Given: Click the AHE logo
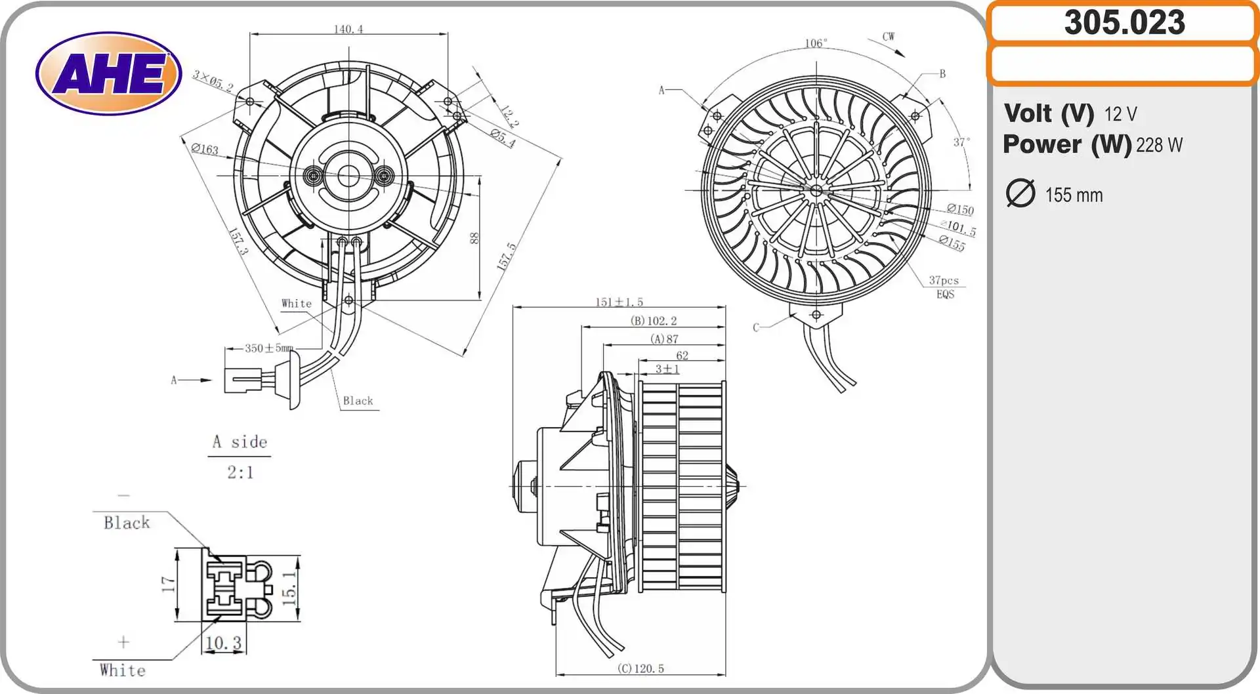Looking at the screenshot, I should (109, 73).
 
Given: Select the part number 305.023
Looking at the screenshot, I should (1124, 22).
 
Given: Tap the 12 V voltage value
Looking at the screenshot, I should (1120, 114).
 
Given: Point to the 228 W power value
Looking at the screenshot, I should (1159, 145).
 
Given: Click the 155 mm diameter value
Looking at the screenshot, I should (1074, 195).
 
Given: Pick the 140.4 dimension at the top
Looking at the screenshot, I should (348, 29).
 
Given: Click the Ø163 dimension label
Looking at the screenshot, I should (205, 149).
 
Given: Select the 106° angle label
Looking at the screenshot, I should (816, 43).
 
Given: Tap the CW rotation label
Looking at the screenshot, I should (888, 37).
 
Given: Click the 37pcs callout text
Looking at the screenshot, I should (943, 280).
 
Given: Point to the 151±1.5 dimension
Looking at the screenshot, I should (619, 302).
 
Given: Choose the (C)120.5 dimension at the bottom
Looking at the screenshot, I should (640, 668).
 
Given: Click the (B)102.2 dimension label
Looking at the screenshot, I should (653, 321).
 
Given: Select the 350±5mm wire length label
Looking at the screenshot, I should (269, 348).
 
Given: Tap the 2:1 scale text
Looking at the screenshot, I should (240, 472).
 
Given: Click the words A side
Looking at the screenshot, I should (240, 442).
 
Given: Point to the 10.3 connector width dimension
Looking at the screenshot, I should (223, 643).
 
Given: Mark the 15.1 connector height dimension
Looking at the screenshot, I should (289, 587).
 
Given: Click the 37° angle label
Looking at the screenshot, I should (961, 142).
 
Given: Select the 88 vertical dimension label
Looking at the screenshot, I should (474, 238).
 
